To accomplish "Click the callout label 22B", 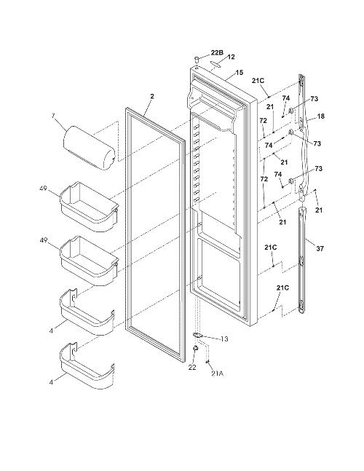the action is (217, 52).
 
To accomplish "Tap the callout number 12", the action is (231, 57).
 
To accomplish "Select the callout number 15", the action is (240, 72).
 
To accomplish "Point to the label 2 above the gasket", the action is (152, 96).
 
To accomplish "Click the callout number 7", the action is (53, 116).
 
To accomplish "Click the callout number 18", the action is (321, 116).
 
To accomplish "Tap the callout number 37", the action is (320, 248).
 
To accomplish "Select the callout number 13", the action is (224, 339).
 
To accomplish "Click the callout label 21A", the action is (217, 373).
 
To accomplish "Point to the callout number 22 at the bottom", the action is (192, 367).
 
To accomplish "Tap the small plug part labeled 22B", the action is (197, 58).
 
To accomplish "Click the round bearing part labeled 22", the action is (196, 348).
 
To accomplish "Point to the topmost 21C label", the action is (258, 81).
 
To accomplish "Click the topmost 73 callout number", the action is (314, 98).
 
